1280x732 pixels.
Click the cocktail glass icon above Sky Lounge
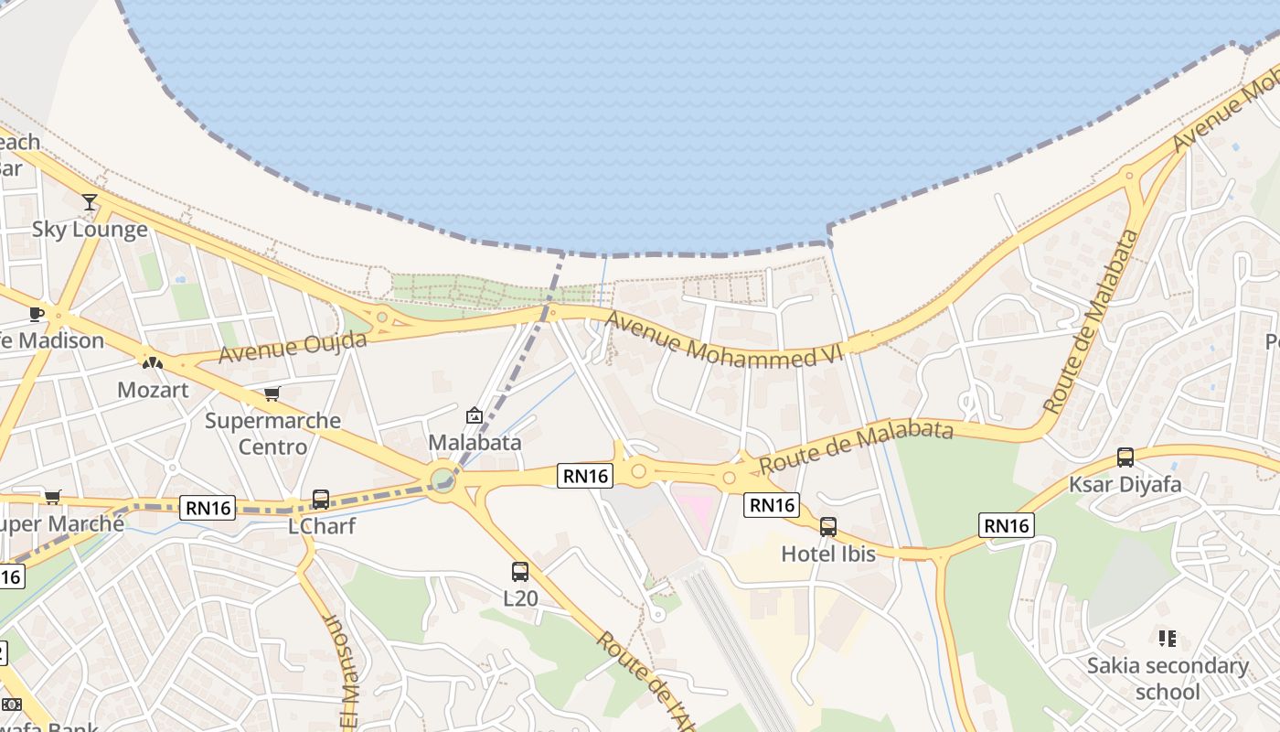pos(89,201)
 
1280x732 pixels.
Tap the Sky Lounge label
pos(90,229)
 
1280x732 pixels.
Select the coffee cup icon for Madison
pos(36,314)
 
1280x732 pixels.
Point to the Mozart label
pos(153,390)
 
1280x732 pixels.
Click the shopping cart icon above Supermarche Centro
pos(272,393)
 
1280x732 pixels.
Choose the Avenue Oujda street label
pos(293,347)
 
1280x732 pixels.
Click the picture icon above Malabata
pos(475,416)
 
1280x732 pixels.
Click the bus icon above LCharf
pos(321,500)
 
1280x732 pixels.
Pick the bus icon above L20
pos(520,572)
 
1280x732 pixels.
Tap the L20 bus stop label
pos(520,598)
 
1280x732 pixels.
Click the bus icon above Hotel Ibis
pos(828,527)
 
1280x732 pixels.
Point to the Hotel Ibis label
pos(828,554)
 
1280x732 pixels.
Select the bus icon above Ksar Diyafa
pos(1125,457)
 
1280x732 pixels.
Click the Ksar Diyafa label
pos(1125,484)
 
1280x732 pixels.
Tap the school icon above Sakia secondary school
pos(1167,638)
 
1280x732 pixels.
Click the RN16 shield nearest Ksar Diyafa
pos(1007,525)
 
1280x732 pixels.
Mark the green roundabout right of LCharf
pos(443,479)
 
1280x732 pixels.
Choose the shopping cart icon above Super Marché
pos(52,497)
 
